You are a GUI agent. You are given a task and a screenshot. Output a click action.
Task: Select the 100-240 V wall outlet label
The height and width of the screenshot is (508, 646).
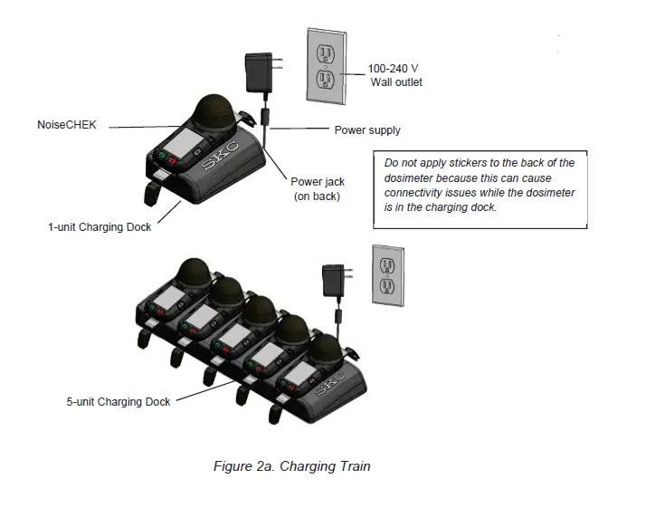395,75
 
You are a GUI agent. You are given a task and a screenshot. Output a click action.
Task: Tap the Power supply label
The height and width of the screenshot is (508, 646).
366,130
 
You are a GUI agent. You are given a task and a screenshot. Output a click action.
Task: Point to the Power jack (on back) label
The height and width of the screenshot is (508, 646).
317,188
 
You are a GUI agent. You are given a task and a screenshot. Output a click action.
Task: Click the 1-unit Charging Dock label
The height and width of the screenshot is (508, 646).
100,227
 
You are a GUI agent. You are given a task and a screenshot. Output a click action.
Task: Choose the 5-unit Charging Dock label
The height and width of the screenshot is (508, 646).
118,401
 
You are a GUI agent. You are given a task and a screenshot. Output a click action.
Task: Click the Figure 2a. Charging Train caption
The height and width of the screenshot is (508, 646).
291,466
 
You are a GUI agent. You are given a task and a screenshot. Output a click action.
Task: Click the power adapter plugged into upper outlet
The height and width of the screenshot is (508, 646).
260,70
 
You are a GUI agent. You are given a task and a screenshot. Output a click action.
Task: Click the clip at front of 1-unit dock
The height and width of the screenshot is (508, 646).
153,192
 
